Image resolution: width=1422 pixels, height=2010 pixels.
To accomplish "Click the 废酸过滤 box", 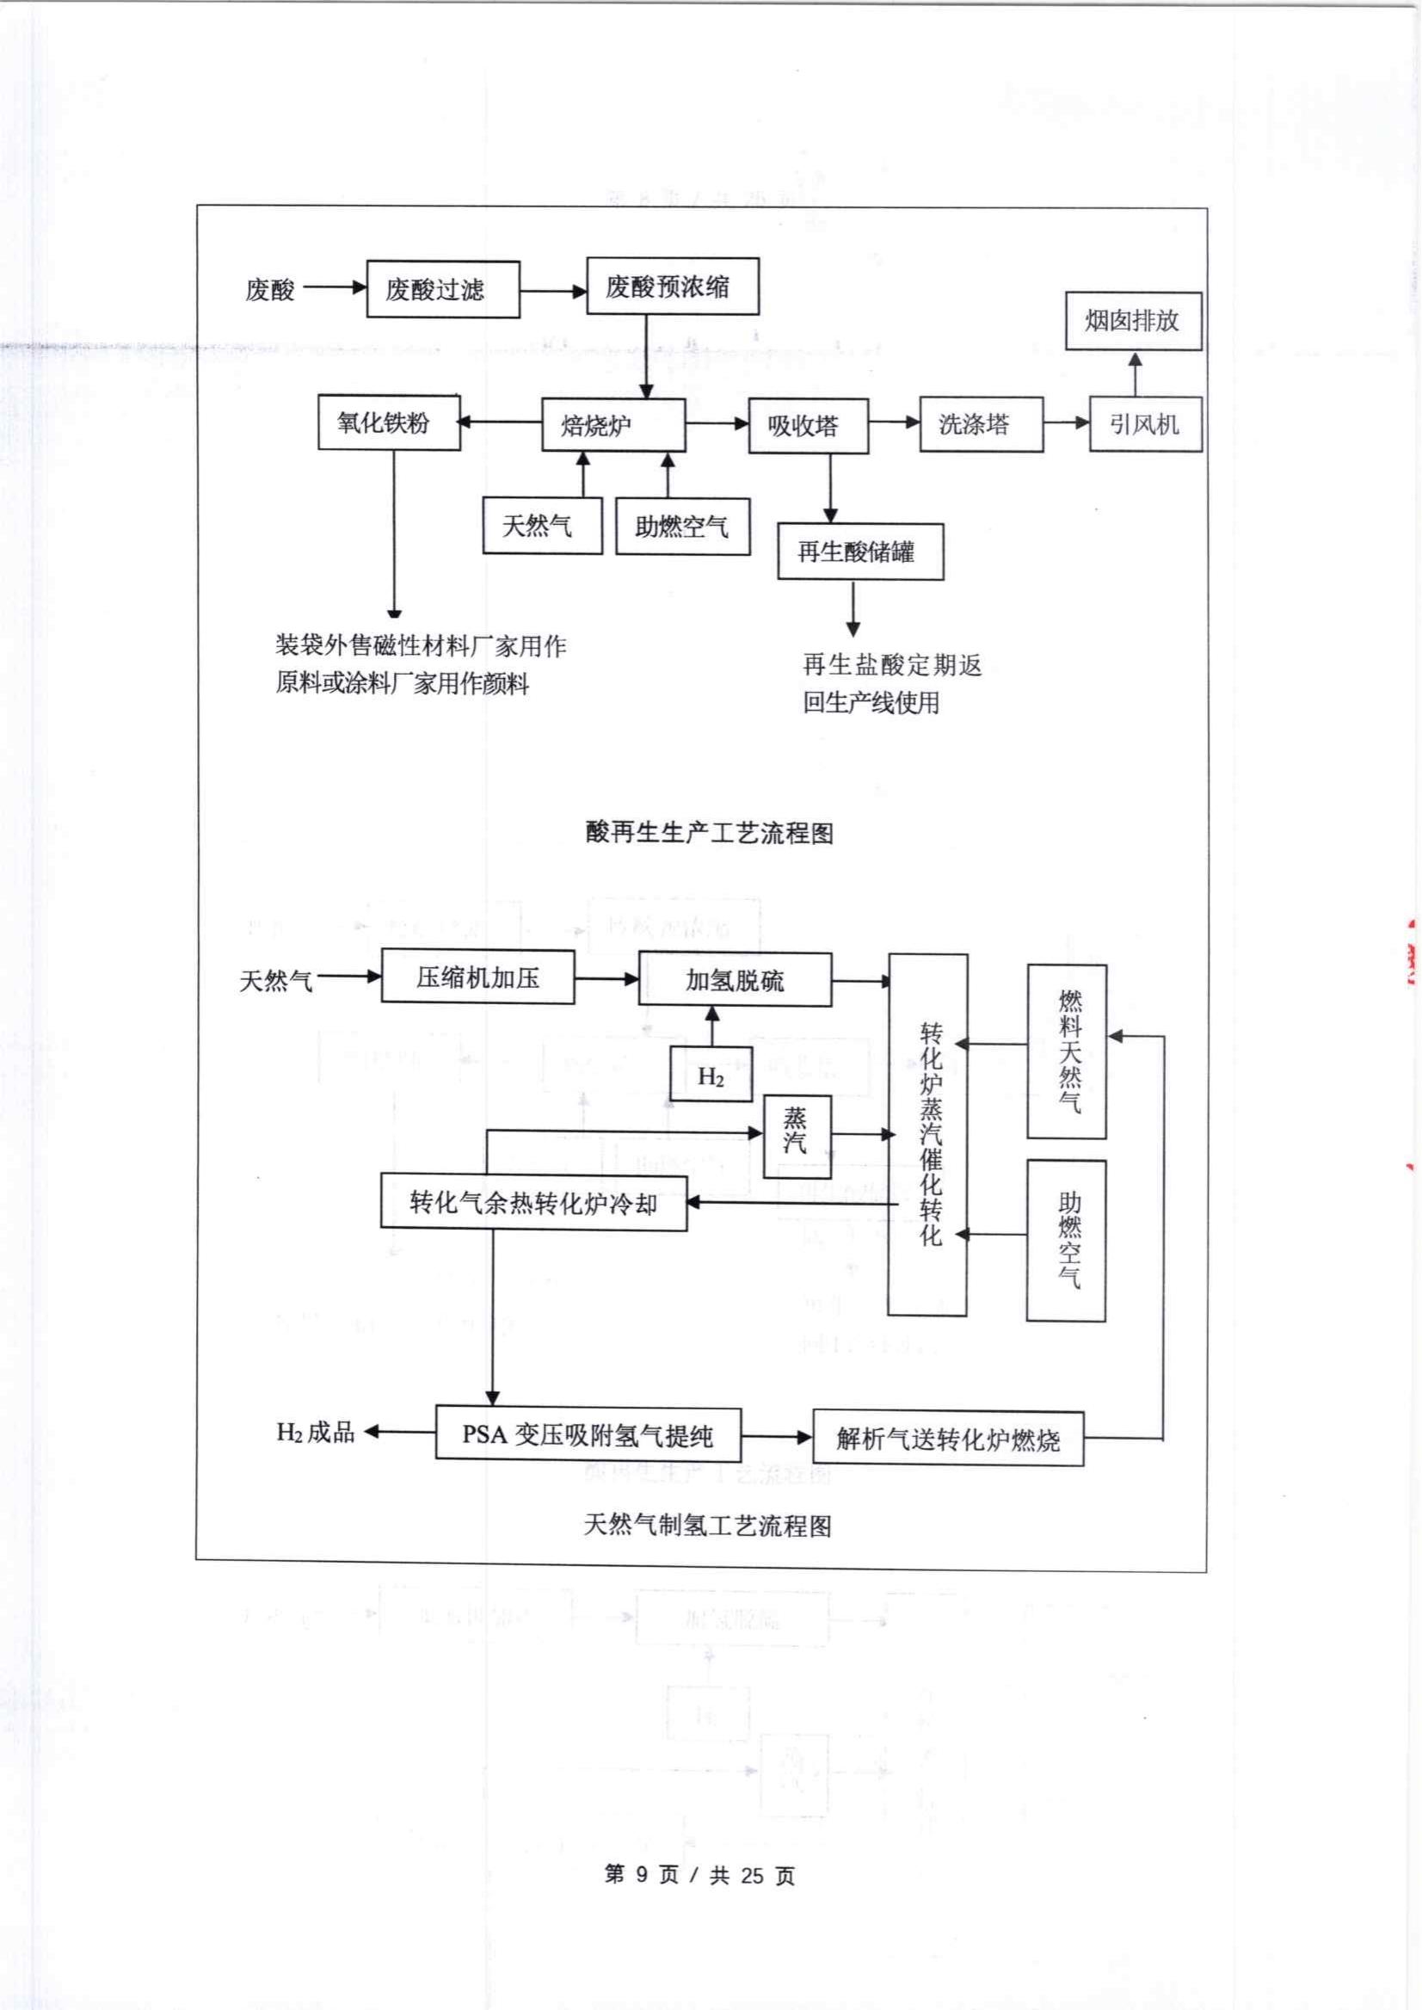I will tap(442, 289).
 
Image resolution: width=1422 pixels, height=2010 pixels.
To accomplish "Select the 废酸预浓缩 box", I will tap(672, 287).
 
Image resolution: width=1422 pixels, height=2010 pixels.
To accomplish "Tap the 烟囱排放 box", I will tap(1132, 322).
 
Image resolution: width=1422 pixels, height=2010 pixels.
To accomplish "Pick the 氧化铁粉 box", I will tap(389, 423).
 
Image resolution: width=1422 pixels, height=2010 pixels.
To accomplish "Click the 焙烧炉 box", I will tap(613, 426).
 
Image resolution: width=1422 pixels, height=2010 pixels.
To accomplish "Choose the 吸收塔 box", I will tap(807, 427).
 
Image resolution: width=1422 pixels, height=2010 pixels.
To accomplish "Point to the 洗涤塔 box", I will tap(981, 425).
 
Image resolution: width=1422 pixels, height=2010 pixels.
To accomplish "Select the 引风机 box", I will tap(1144, 425).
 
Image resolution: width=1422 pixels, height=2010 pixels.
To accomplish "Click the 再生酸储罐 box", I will tap(860, 552).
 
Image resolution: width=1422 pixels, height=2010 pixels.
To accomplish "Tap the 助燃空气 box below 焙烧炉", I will tap(682, 527).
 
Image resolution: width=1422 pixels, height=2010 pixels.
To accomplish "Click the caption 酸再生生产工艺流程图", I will tap(709, 832).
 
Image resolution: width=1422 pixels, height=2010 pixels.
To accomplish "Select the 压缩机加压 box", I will tap(477, 977).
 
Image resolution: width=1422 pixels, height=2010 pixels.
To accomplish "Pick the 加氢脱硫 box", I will tap(735, 980).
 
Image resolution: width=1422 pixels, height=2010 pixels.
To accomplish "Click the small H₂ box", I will tap(711, 1075).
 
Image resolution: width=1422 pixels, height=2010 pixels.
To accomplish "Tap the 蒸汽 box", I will tap(796, 1136).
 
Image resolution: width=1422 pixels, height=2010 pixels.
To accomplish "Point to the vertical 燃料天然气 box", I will tap(1067, 1051).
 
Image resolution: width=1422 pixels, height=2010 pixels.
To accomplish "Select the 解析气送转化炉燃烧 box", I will tap(947, 1438).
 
